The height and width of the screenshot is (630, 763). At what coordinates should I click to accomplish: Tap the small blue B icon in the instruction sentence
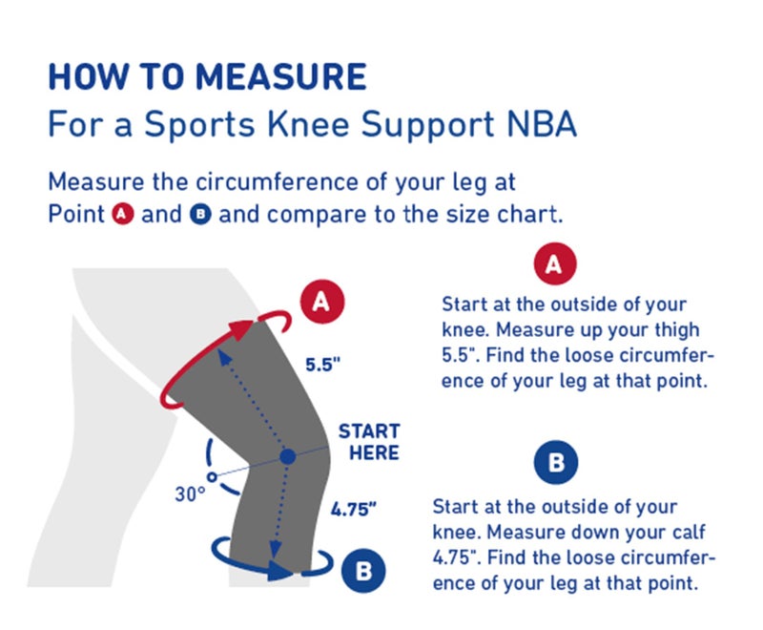tap(200, 214)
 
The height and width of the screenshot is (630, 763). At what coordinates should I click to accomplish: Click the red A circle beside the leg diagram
tap(322, 302)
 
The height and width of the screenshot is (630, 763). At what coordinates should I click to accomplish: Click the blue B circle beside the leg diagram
tap(363, 571)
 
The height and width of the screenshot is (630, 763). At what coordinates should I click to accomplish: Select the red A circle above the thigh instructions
tap(554, 264)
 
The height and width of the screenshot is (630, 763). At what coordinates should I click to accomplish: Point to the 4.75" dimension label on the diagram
tap(355, 509)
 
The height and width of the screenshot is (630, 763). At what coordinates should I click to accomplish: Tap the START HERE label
tap(369, 442)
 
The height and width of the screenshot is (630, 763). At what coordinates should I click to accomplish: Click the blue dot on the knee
tap(287, 458)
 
